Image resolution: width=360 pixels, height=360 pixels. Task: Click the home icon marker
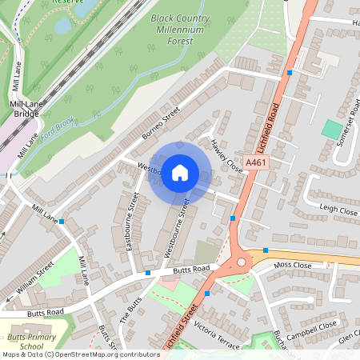(180, 172)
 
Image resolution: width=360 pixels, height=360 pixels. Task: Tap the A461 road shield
(255, 162)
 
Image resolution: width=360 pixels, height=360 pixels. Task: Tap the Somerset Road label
(345, 129)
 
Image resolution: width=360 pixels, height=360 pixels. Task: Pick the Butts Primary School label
(31, 342)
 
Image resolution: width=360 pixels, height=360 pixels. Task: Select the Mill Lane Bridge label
(28, 110)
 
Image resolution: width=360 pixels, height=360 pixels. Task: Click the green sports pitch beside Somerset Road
(330, 129)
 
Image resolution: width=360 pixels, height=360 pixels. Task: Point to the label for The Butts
(130, 310)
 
